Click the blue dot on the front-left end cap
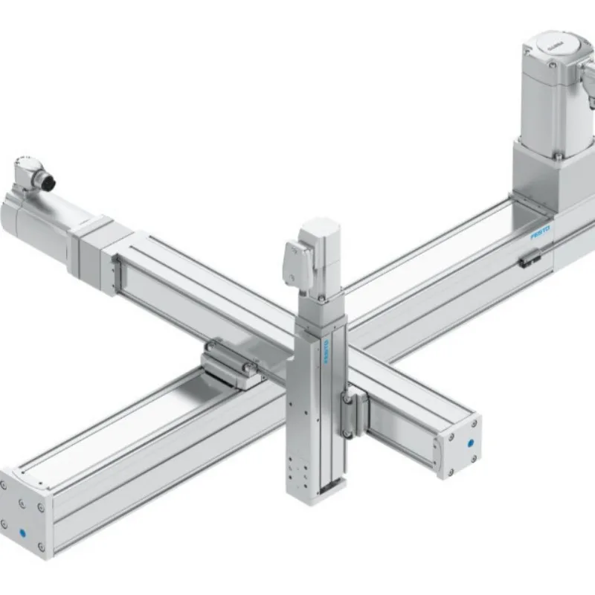point(25,533)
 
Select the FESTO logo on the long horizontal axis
point(541,234)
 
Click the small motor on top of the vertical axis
point(316,253)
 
